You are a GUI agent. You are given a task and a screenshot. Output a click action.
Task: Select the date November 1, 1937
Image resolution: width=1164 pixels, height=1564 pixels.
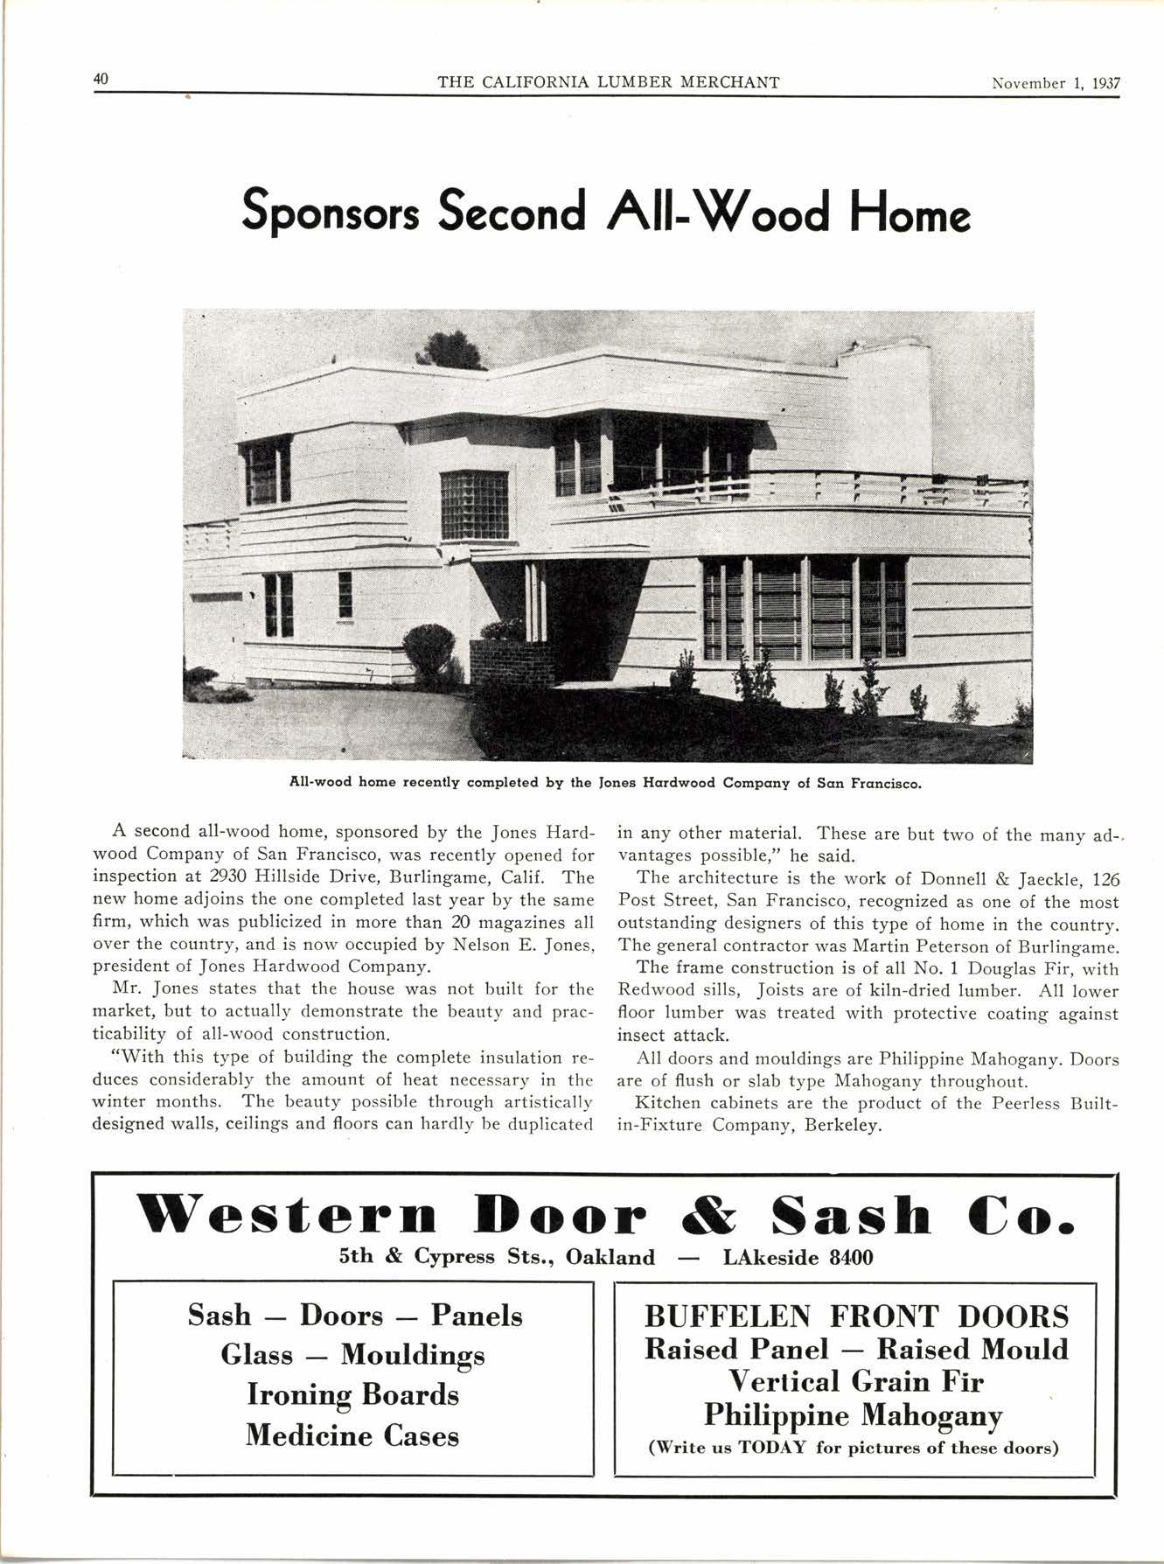point(1056,83)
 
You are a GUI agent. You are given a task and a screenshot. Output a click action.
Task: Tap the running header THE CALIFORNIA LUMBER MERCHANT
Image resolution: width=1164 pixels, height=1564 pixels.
point(608,83)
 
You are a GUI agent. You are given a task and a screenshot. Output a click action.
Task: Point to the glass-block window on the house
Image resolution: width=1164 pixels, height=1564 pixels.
point(474,505)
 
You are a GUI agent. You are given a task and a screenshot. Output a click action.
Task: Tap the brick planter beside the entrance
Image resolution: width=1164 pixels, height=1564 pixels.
point(513,662)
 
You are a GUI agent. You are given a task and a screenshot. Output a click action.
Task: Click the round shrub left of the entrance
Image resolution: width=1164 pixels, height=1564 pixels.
point(429,651)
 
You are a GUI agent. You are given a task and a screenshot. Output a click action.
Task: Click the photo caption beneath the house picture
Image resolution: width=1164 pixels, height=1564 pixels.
point(606,783)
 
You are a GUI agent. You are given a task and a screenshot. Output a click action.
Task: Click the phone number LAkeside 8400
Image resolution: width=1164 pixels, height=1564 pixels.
point(798,1258)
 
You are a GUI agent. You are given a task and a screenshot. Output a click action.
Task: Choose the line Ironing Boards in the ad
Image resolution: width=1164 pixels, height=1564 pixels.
point(352,1393)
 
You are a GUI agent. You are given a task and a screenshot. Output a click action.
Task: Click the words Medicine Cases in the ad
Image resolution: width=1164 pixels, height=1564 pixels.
point(352,1435)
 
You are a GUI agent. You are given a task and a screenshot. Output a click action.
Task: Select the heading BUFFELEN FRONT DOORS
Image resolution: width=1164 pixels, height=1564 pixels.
point(856,1316)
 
